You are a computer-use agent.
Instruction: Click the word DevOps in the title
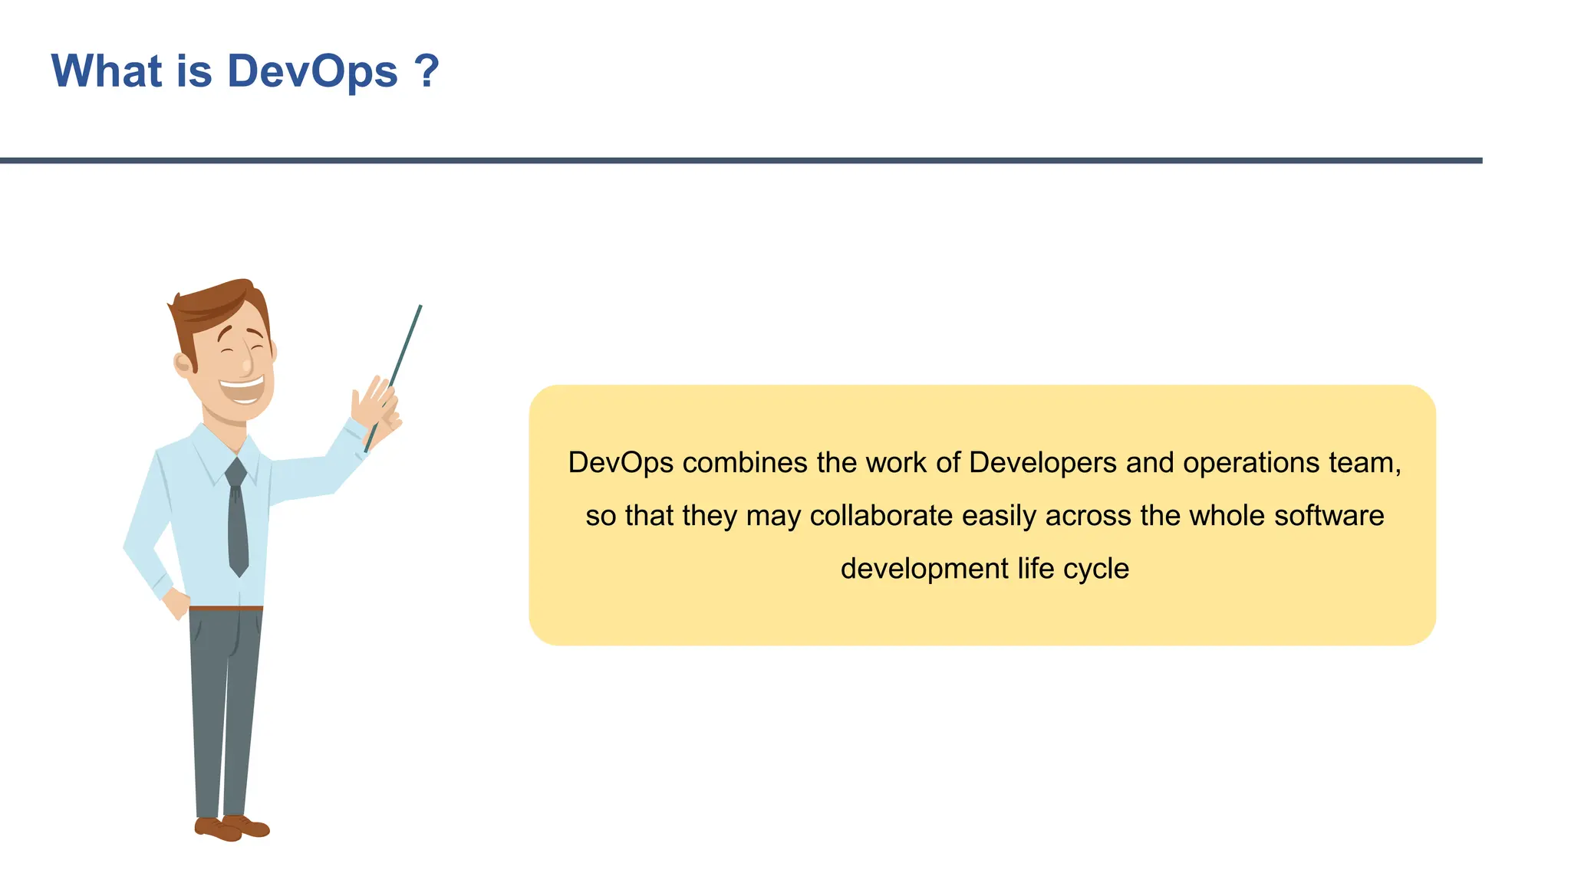point(312,71)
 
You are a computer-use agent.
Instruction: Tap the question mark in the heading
point(427,71)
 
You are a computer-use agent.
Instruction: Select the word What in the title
point(107,71)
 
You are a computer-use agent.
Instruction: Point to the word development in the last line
point(924,569)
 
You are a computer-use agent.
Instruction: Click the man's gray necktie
point(238,521)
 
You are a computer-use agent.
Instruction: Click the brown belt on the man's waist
point(226,608)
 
